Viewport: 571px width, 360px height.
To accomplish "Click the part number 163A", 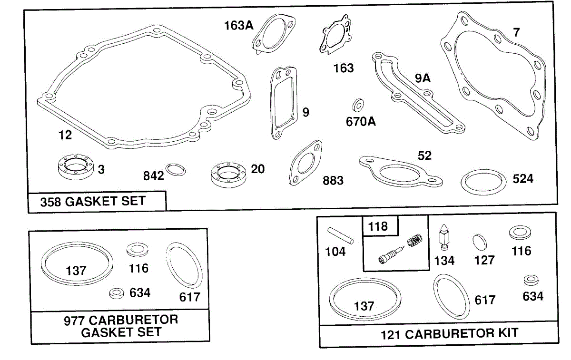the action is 238,26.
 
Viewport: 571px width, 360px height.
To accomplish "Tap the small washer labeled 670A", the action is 358,105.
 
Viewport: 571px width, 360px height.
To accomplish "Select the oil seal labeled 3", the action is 76,167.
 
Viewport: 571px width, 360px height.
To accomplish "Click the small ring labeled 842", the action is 176,170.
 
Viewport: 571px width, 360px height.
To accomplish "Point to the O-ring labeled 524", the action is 483,182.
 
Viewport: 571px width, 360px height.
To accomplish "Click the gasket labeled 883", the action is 305,163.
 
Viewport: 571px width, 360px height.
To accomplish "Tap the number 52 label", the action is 424,156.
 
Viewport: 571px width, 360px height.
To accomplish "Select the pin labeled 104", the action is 340,236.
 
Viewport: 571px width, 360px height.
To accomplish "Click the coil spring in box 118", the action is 415,240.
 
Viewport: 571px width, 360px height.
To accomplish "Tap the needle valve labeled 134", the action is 444,237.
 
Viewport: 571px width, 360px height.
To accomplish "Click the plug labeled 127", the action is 480,242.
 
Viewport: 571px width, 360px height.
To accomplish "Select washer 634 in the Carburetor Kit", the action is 531,280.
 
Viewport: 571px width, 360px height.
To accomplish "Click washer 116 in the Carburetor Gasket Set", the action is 138,250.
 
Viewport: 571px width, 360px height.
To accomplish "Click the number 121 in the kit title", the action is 391,335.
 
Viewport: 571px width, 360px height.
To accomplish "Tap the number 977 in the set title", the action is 74,321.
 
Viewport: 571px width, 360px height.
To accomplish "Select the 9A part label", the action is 423,78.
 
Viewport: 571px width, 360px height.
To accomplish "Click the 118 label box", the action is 380,226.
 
